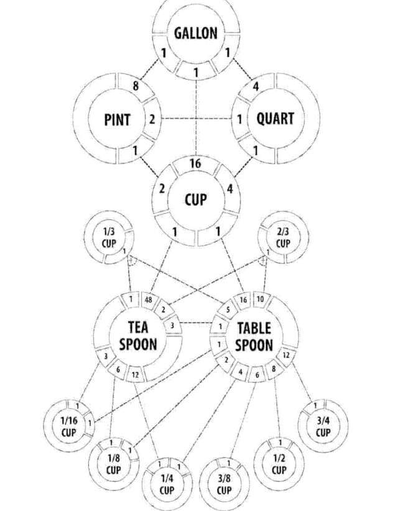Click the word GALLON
coord(196,33)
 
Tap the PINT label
coord(116,119)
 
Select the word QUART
coord(275,118)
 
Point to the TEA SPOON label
coord(138,336)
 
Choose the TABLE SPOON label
coord(254,336)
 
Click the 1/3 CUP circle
coord(109,239)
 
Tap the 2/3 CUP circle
coord(282,239)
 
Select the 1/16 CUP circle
coord(69,425)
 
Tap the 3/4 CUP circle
coord(323,426)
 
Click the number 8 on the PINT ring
coord(136,87)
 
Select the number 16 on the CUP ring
coord(195,164)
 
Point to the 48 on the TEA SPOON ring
coord(149,300)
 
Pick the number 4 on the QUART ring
coord(256,87)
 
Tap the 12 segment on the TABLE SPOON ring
coord(286,355)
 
